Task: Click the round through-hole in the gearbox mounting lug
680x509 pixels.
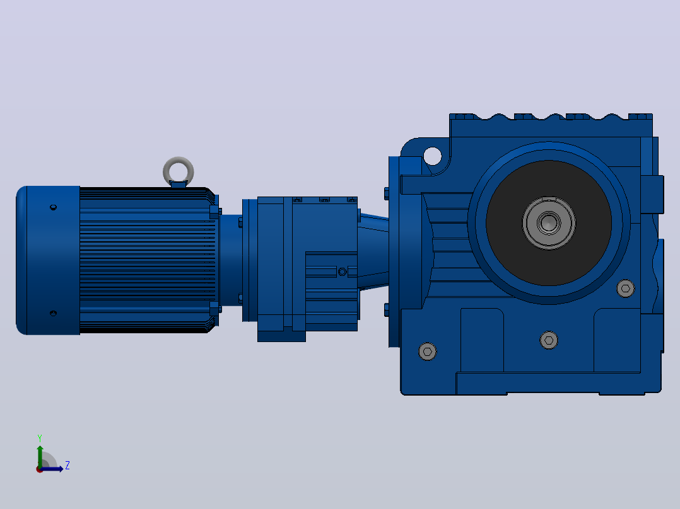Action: coord(432,156)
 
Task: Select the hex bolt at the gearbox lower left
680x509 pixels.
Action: coord(428,352)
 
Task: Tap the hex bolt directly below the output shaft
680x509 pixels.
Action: coord(549,340)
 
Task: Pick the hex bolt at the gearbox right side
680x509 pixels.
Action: coord(625,288)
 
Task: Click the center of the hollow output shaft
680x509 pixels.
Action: coord(549,223)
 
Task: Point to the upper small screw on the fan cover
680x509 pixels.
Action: coord(54,207)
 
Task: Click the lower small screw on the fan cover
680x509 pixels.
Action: coord(54,313)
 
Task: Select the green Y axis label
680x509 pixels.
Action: coord(40,438)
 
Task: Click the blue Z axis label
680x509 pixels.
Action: coord(67,466)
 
